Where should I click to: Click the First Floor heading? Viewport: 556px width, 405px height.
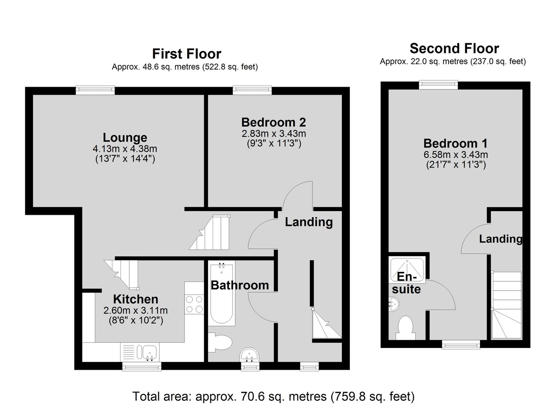[x=187, y=54]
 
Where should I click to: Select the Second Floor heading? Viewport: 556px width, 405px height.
[x=454, y=48]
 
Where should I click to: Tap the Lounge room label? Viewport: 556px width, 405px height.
[x=125, y=137]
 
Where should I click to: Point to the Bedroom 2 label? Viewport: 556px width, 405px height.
[x=273, y=122]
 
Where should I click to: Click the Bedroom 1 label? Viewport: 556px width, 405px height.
[x=455, y=143]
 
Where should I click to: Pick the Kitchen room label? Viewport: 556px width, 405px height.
[x=135, y=299]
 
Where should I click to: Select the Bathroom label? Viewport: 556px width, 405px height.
[x=240, y=285]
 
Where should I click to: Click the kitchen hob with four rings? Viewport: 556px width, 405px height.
[x=194, y=304]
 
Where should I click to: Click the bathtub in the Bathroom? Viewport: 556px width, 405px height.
[x=221, y=294]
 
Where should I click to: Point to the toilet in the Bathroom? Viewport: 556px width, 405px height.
[x=220, y=343]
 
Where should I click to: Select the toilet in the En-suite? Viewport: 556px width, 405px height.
[x=405, y=328]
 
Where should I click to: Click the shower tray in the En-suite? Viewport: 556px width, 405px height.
[x=407, y=270]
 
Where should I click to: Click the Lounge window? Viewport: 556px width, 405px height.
[x=95, y=90]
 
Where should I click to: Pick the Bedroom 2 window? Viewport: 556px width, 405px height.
[x=252, y=90]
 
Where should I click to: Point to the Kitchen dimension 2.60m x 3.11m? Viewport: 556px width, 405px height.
[x=135, y=310]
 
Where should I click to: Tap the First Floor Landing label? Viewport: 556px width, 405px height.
[x=309, y=222]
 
